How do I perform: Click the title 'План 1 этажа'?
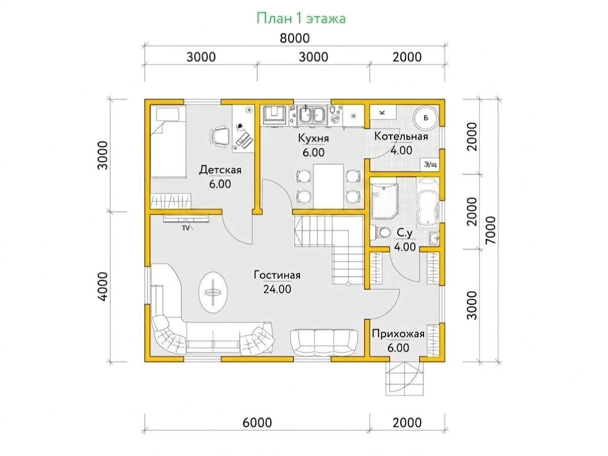[x=301, y=19]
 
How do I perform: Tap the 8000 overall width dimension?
[x=294, y=38]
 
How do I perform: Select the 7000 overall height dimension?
[x=490, y=230]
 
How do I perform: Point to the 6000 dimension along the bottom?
[x=257, y=423]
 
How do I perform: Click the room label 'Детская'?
[x=220, y=169]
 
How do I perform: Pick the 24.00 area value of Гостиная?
[x=277, y=289]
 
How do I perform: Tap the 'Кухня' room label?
[x=313, y=138]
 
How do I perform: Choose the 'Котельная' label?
[x=401, y=136]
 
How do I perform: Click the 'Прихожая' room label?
[x=398, y=334]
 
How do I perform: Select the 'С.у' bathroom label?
[x=405, y=233]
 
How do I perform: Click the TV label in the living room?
[x=185, y=228]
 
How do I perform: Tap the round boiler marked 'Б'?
[x=426, y=118]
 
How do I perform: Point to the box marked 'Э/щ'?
[x=430, y=164]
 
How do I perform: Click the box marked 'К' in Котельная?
[x=383, y=112]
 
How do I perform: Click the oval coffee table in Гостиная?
[x=213, y=292]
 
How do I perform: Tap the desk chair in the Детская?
[x=219, y=136]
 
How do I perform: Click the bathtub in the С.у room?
[x=428, y=202]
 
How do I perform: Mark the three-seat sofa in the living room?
[x=324, y=342]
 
